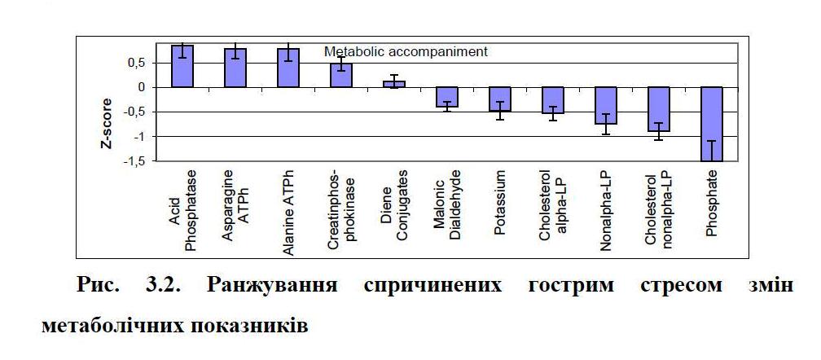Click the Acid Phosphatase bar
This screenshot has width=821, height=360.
coord(182,67)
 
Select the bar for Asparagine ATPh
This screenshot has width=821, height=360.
coord(235,68)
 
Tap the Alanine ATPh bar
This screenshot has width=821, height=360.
coord(288,68)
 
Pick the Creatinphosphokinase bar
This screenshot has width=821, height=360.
coord(340,76)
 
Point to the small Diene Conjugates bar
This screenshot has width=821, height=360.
coord(393,84)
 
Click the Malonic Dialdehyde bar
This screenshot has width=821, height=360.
coord(446,97)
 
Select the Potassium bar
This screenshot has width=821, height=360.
coord(499,99)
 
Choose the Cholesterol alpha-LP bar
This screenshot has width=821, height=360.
coord(552,100)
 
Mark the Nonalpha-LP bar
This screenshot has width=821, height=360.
coord(605,105)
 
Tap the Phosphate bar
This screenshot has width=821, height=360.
coord(711,124)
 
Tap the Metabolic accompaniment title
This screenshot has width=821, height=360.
coord(406,51)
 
